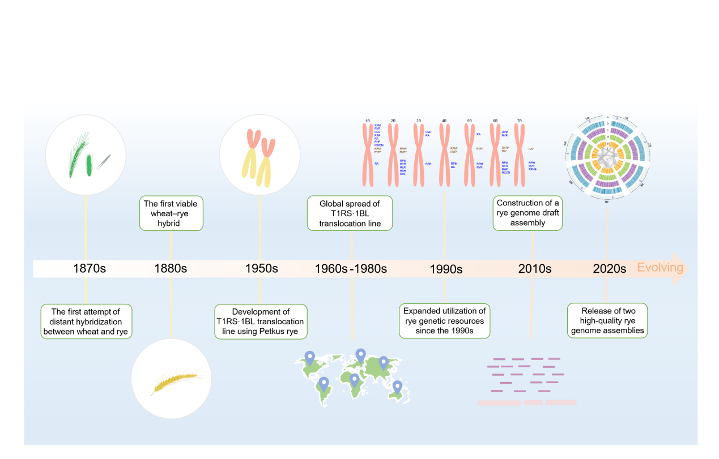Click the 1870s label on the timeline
tap(90, 268)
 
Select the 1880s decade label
tap(171, 268)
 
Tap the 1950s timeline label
tap(261, 268)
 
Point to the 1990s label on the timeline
tap(445, 269)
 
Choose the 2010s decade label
tap(534, 268)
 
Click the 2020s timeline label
tap(609, 268)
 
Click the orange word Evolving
tap(660, 267)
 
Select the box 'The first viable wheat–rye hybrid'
tap(171, 213)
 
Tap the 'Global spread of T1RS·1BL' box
tap(350, 213)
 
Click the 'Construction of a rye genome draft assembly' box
tap(527, 213)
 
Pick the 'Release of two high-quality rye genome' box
tap(607, 321)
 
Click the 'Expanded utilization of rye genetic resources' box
tap(444, 321)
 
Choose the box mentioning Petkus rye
tap(261, 321)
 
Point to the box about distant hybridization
tap(86, 321)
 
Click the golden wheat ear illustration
tap(171, 379)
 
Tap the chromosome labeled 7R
tap(520, 155)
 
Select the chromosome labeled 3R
tap(419, 155)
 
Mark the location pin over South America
tap(324, 384)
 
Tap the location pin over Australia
tap(397, 387)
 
